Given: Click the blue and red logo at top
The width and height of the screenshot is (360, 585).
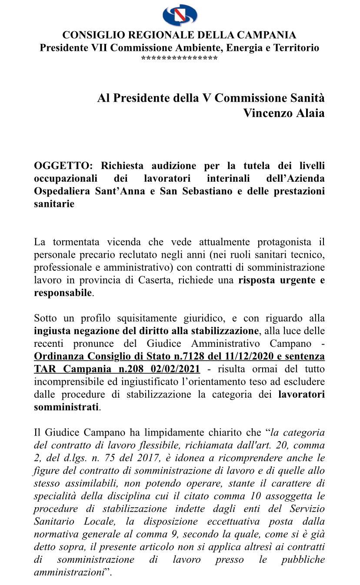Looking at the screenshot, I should tap(180, 16).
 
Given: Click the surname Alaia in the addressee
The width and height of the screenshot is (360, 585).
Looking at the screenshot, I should tap(310, 113).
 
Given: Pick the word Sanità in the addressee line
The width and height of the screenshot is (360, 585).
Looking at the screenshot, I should tap(306, 98).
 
